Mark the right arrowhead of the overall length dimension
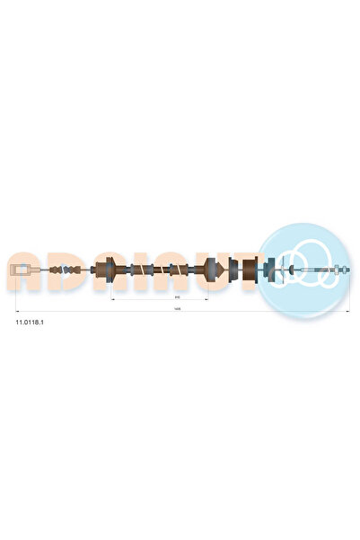(348, 310)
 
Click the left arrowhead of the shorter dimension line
(110, 297)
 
